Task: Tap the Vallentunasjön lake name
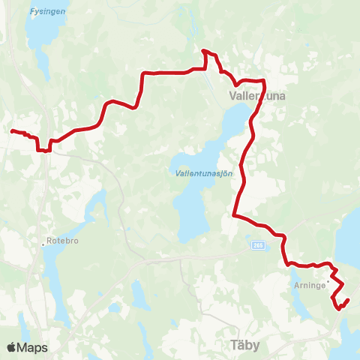click(203, 173)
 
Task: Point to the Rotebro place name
click(64, 241)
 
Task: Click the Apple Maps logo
click(27, 347)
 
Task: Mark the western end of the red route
click(11, 131)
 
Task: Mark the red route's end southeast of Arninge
click(348, 300)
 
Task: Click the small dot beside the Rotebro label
click(43, 244)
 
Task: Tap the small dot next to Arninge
click(328, 282)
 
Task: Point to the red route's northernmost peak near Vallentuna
click(203, 51)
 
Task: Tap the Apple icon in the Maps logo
click(10, 347)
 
